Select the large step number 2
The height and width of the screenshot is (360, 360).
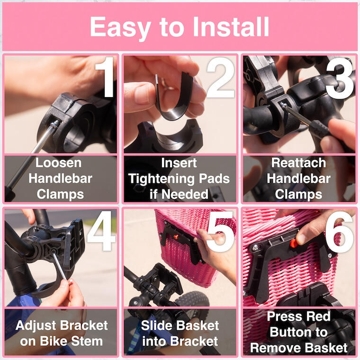pyautogui.click(x=221, y=78)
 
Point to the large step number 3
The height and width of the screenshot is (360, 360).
pyautogui.click(x=340, y=78)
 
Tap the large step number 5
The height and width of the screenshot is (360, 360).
pyautogui.click(x=220, y=232)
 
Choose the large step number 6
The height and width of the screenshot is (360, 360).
pyautogui.click(x=339, y=232)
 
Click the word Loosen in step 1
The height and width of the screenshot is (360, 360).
pyautogui.click(x=59, y=163)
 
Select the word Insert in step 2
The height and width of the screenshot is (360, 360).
pyautogui.click(x=179, y=163)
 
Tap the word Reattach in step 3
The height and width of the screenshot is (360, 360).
pyautogui.click(x=299, y=163)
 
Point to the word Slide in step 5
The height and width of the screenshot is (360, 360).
pyautogui.click(x=155, y=325)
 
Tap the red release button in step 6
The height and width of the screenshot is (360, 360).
pyautogui.click(x=294, y=243)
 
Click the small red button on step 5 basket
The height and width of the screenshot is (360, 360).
pyautogui.click(x=176, y=237)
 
